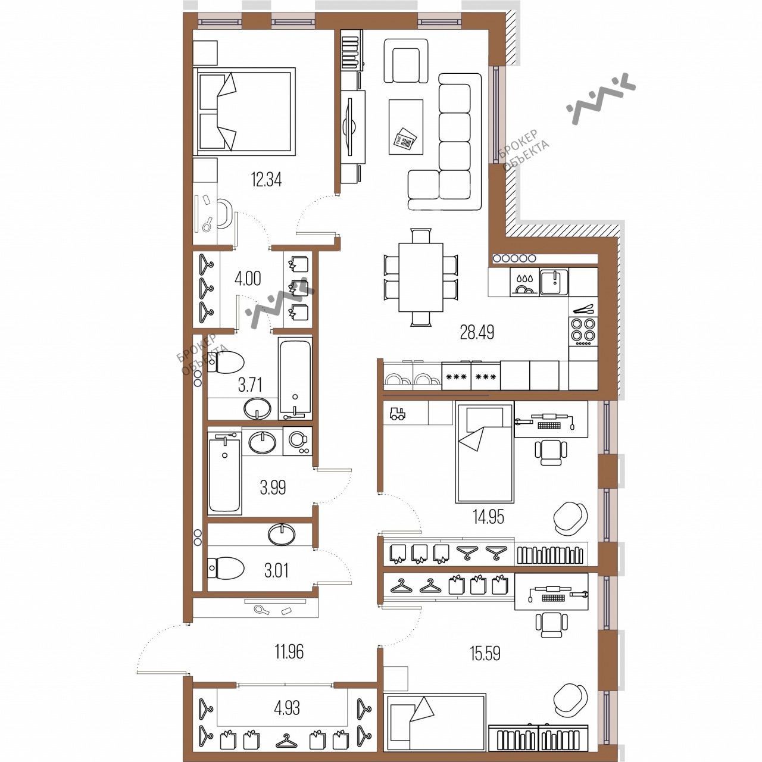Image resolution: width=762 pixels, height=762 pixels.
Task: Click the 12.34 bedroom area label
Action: [266, 180]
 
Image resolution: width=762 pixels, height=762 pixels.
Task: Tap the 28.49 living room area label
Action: [477, 333]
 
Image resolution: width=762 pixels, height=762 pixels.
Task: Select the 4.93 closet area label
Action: [288, 708]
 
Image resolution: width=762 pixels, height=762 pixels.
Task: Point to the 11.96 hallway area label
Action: [289, 652]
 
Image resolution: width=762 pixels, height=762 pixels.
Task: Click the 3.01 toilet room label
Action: [276, 571]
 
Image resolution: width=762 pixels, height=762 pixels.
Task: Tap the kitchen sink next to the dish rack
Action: [554, 282]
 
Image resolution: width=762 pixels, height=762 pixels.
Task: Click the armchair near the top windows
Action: [406, 61]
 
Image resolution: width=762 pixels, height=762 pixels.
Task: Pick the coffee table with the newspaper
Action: [406, 127]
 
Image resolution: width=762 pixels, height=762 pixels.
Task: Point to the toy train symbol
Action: [398, 414]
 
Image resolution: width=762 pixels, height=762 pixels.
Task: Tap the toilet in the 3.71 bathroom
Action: [225, 362]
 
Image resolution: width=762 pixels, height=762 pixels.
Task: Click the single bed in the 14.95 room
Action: [485, 452]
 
